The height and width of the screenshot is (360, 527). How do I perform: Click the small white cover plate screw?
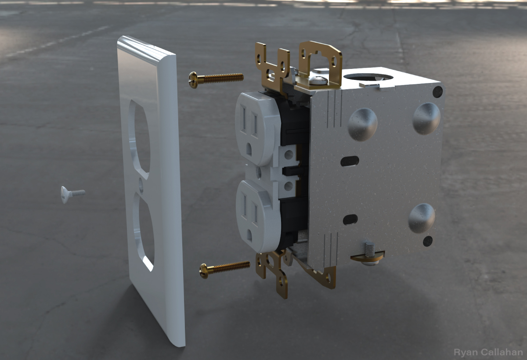[73, 194]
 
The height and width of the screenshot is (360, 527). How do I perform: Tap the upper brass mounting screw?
[216, 79]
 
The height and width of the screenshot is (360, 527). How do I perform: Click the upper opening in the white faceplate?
[139, 139]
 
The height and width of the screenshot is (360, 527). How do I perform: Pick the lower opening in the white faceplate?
[144, 232]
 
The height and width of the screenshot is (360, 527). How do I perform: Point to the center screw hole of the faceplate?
[141, 186]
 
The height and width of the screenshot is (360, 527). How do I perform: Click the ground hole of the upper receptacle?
[249, 150]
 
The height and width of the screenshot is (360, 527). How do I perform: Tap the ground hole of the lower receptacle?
[249, 236]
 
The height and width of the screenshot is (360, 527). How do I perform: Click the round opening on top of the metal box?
[368, 76]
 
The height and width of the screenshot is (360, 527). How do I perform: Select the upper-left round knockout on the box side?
[363, 124]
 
